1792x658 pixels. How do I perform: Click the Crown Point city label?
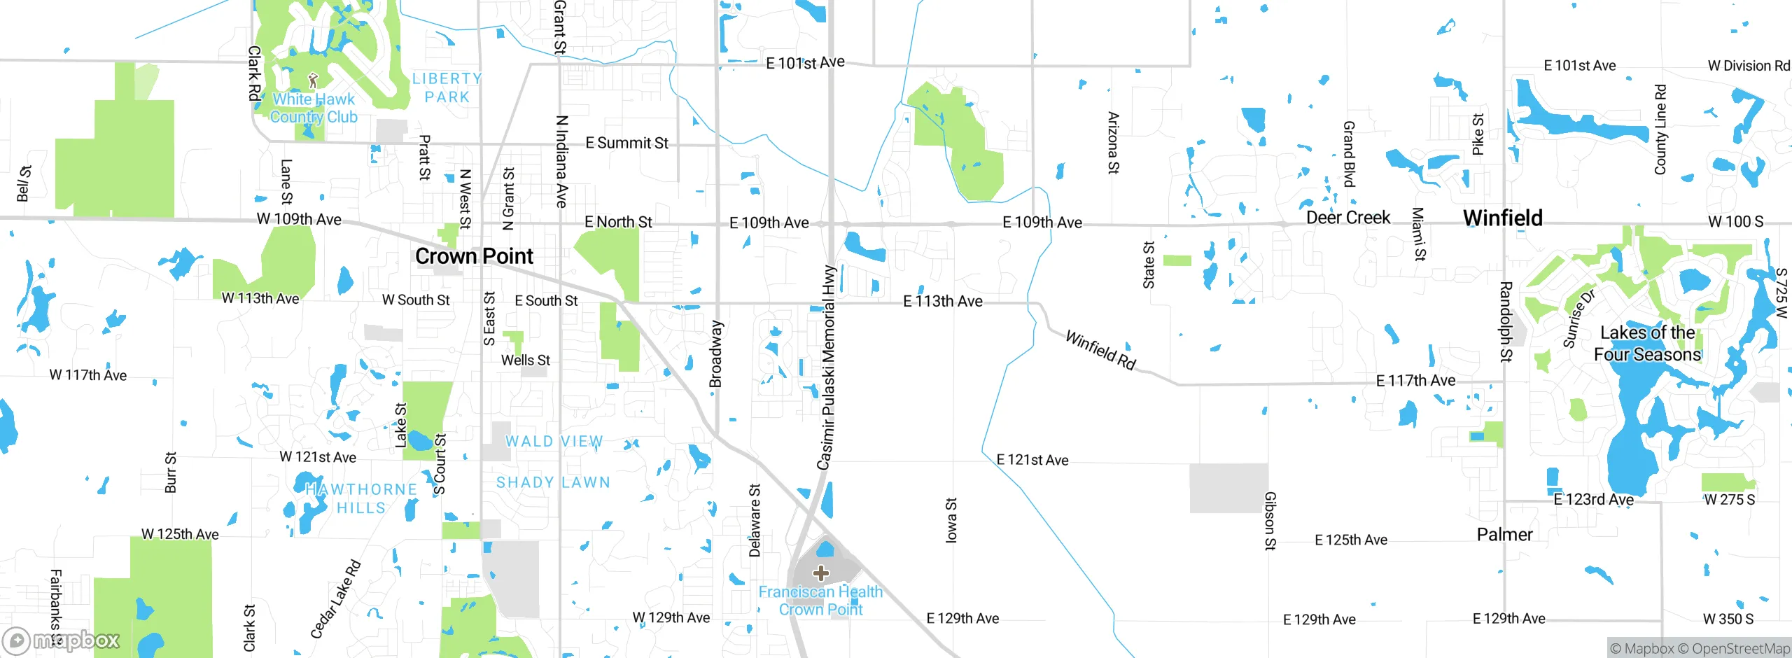click(x=474, y=256)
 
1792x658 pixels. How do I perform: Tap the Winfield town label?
click(x=1502, y=218)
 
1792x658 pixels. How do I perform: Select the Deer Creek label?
click(x=1347, y=218)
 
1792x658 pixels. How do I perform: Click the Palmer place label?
click(x=1504, y=535)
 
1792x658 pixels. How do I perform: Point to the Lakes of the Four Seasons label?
click(x=1647, y=344)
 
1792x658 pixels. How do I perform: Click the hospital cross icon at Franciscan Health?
click(x=820, y=574)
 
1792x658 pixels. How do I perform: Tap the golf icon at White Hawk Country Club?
click(x=313, y=80)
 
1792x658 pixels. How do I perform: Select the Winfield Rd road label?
click(x=1100, y=350)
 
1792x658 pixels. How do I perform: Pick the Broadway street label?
click(x=715, y=354)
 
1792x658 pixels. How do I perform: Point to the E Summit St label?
click(x=626, y=143)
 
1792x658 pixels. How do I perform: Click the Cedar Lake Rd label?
click(x=335, y=599)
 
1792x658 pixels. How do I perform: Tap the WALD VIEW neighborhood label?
click(x=554, y=442)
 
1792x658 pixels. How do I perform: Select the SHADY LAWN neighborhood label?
click(x=553, y=482)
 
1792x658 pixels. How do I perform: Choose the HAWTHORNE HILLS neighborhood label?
click(x=361, y=498)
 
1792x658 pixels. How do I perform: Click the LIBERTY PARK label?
click(x=447, y=88)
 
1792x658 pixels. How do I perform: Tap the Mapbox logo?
click(x=61, y=640)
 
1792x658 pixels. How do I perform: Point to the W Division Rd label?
click(x=1748, y=66)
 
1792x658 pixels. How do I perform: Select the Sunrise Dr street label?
click(x=1578, y=318)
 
